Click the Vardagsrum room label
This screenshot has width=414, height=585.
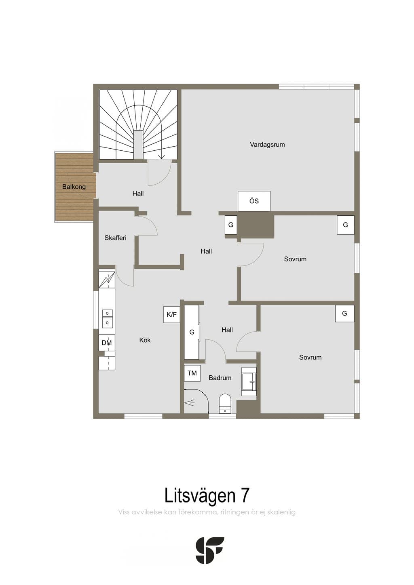(x=267, y=145)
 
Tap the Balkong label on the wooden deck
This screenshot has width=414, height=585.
(x=74, y=187)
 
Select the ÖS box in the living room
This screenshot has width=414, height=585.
(x=254, y=201)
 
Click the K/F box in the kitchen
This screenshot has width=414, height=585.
(x=172, y=314)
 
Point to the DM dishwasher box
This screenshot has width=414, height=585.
(x=107, y=343)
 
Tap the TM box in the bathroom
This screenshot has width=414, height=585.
(x=192, y=373)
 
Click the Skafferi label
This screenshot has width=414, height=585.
(x=116, y=238)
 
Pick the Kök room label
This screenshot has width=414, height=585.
(x=145, y=340)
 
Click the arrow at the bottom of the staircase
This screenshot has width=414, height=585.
(x=162, y=156)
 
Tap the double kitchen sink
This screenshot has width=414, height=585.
(x=107, y=318)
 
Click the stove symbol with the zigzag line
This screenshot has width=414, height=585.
(x=107, y=280)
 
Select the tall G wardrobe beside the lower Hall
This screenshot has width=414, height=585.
(x=192, y=332)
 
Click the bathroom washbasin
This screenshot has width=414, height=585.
(x=249, y=381)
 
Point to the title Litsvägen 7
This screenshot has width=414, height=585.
(x=207, y=495)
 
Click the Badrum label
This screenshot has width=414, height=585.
(x=220, y=378)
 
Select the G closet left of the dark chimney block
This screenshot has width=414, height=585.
(x=231, y=225)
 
